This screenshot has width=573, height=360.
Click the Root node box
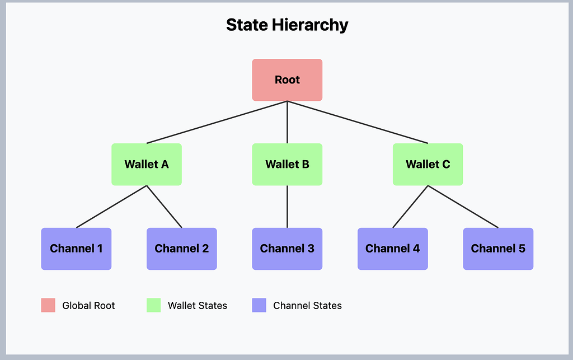tap(287, 80)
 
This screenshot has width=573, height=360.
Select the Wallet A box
tap(147, 165)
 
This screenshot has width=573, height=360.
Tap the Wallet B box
tap(287, 165)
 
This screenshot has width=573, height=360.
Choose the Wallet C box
tap(428, 165)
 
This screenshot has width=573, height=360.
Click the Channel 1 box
tap(76, 249)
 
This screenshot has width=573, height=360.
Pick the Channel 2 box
tap(182, 249)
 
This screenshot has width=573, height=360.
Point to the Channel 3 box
tap(287, 249)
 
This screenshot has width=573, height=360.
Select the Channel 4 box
tap(392, 249)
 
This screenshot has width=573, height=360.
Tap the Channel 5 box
tap(498, 249)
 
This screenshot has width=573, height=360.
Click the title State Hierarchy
tap(287, 25)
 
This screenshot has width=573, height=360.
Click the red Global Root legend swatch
tap(48, 305)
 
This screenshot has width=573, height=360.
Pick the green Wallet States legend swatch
tap(153, 305)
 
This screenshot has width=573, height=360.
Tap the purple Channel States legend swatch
tap(259, 305)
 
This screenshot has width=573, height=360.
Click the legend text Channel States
tap(307, 306)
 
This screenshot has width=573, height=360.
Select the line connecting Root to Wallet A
tap(217, 123)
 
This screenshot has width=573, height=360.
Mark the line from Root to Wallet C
tap(358, 123)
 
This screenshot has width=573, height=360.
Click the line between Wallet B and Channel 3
tap(287, 207)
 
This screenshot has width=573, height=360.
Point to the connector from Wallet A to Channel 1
tap(111, 207)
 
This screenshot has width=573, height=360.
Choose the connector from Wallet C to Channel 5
tap(463, 207)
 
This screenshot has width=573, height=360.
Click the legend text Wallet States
tap(198, 306)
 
